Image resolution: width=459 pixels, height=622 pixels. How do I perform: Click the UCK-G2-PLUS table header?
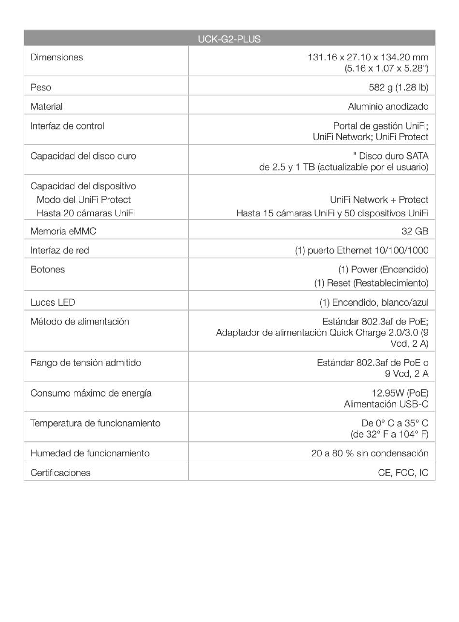click(x=229, y=39)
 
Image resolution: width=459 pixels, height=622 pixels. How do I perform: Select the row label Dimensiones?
click(x=57, y=57)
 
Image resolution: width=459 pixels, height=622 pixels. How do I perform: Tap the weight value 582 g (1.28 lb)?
click(x=398, y=87)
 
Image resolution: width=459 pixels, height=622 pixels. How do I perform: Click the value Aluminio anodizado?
click(x=388, y=106)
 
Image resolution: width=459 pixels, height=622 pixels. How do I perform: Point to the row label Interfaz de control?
click(x=67, y=126)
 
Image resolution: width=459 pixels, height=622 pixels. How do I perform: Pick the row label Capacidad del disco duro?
click(x=83, y=156)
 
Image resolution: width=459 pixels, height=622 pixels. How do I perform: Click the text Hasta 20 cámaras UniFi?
click(x=86, y=213)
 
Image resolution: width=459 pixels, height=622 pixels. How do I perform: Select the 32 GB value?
click(x=415, y=231)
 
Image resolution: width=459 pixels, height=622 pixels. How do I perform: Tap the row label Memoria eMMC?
click(x=63, y=231)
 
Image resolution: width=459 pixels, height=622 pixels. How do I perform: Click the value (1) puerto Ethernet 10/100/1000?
click(x=361, y=250)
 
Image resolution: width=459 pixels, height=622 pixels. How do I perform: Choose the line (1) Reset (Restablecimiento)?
click(x=371, y=283)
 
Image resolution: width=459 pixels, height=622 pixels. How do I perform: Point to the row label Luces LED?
click(x=53, y=302)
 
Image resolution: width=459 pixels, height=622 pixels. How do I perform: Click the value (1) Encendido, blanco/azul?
click(x=374, y=302)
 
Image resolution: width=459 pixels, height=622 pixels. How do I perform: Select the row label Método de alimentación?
click(x=80, y=322)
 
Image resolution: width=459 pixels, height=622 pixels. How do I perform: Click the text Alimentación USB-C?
click(x=386, y=404)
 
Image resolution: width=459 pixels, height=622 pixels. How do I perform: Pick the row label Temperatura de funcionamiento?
click(x=95, y=424)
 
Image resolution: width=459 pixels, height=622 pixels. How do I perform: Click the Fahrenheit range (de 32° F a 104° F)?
click(x=389, y=434)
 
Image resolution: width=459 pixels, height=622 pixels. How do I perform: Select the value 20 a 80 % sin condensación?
click(x=370, y=453)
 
